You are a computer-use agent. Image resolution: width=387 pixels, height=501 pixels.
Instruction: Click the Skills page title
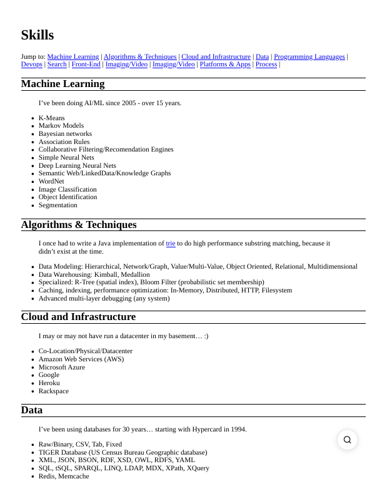[38, 35]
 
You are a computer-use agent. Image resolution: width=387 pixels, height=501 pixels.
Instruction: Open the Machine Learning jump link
[73, 57]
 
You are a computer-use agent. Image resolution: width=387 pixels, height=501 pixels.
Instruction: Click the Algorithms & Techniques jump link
[141, 57]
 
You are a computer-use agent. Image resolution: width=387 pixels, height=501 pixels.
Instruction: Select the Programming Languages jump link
[309, 57]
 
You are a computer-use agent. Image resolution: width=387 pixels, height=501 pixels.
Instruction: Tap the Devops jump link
[32, 65]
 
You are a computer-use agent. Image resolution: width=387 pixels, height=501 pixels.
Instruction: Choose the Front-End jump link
[86, 65]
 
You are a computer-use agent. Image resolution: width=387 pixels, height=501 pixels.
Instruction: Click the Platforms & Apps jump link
[225, 65]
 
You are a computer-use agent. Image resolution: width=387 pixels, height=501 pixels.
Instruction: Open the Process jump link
[266, 65]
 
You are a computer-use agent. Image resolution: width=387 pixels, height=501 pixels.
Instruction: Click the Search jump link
[57, 65]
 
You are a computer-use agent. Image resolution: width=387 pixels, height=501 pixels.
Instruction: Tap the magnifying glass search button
[347, 440]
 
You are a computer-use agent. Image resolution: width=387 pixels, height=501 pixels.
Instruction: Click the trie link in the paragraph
[171, 244]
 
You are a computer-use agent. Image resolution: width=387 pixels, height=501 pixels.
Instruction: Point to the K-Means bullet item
[52, 118]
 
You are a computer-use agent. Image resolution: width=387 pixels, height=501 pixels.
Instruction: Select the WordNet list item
[51, 182]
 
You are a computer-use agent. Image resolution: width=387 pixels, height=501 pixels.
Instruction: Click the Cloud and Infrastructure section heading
[78, 317]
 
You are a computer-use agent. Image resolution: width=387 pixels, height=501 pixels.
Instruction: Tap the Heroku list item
[49, 383]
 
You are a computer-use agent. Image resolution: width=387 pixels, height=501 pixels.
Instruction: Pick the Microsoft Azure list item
[62, 368]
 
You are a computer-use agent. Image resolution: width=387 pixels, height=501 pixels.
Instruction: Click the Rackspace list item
[54, 391]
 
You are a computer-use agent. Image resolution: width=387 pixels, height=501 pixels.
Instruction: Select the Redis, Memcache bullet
[64, 477]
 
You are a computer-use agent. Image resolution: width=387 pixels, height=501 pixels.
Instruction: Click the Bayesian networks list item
[65, 134]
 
